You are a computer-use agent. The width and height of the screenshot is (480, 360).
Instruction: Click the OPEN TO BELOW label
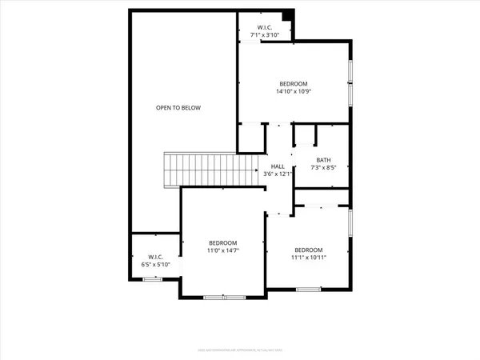178,107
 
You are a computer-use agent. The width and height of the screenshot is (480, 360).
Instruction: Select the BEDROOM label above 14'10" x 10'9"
293,83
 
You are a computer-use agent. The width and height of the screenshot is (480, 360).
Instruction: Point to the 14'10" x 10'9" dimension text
293,91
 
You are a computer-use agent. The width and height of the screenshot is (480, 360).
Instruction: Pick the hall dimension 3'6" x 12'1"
278,174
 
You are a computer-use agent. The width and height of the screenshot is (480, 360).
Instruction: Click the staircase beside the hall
210,169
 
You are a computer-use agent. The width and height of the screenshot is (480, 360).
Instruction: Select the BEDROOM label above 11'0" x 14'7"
223,242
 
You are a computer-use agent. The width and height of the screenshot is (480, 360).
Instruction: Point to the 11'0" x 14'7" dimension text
223,250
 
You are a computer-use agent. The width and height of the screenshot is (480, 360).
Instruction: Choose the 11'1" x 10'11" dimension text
308,257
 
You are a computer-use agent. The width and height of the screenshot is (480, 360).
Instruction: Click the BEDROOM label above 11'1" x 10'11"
308,249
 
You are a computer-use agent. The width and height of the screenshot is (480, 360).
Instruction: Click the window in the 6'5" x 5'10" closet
151,279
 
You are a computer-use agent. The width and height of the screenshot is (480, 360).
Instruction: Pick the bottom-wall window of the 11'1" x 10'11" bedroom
308,288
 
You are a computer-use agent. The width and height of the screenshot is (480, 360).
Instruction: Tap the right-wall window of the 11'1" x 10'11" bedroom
350,224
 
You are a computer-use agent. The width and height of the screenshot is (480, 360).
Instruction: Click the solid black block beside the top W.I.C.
289,14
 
